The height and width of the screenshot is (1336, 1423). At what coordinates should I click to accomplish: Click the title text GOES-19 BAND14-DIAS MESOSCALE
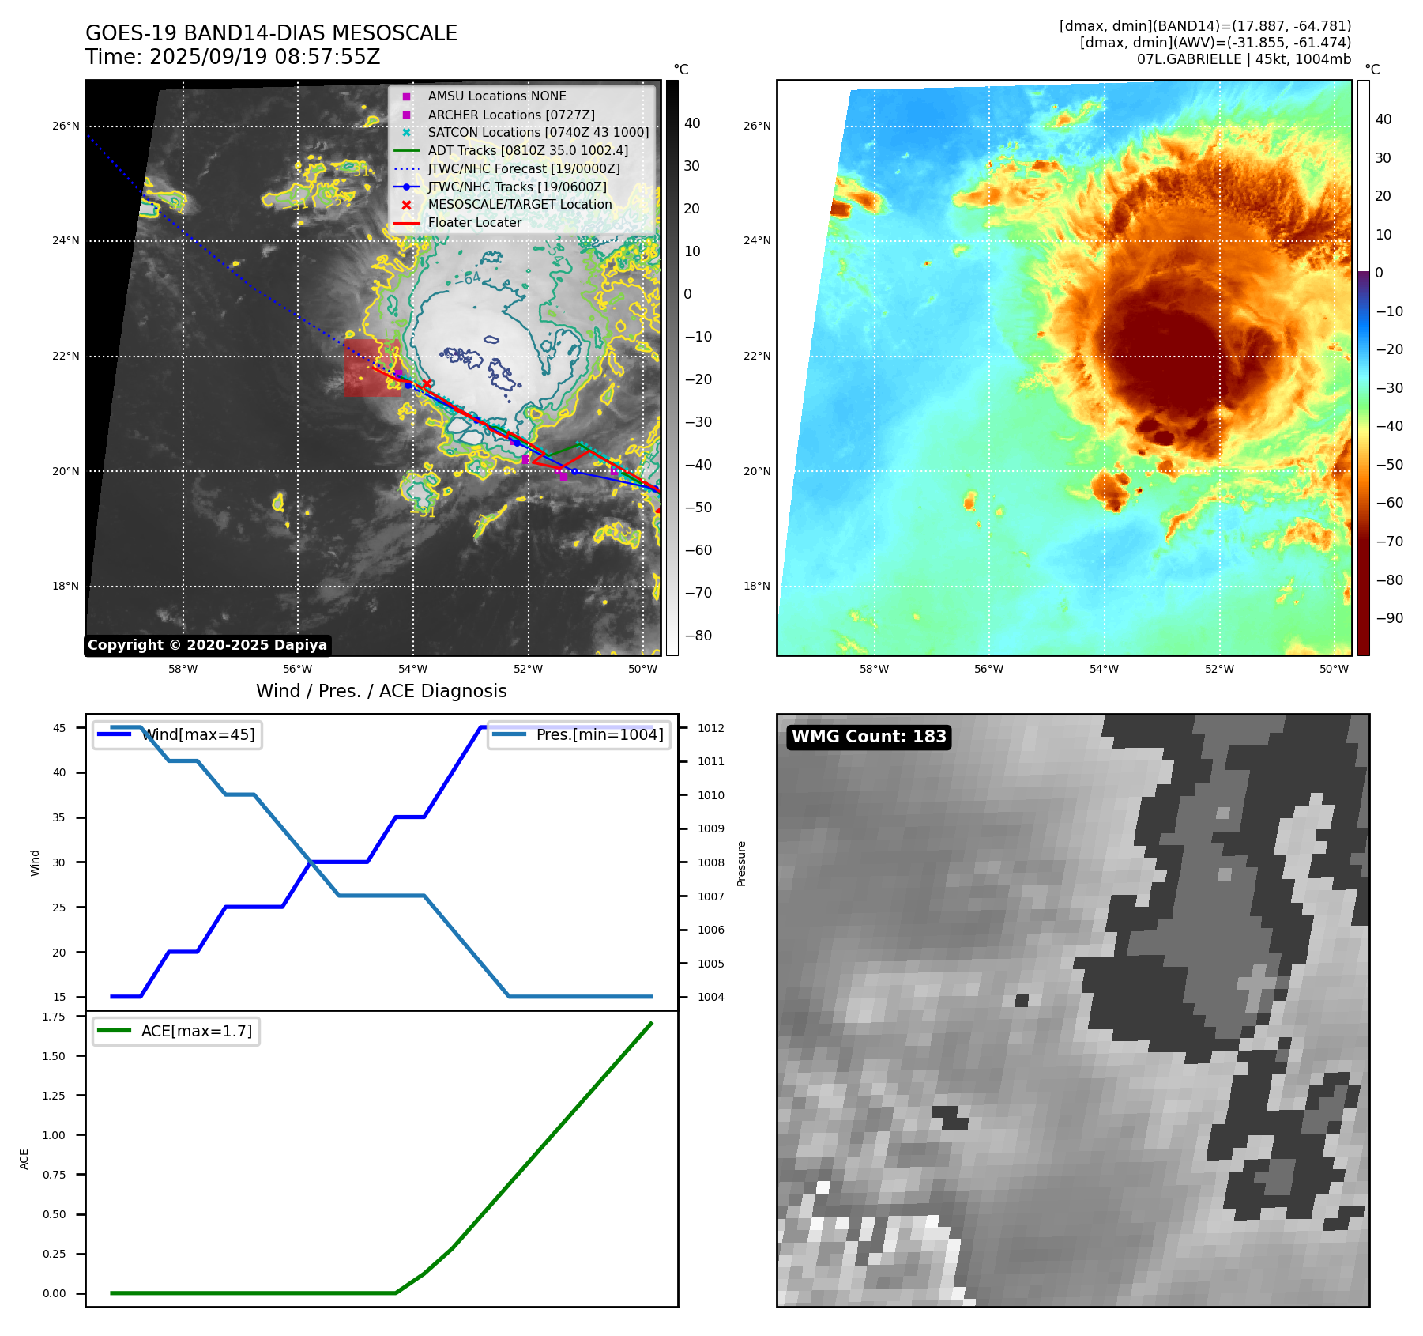click(271, 33)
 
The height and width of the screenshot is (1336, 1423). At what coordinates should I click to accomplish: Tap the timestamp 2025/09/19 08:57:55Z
click(265, 57)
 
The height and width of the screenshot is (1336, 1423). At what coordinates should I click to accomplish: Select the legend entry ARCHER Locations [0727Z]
click(511, 115)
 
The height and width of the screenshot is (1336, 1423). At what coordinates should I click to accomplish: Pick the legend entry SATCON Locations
click(538, 132)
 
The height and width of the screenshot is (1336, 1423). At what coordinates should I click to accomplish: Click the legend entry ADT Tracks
click(528, 150)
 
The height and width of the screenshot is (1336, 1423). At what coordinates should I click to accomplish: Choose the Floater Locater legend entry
click(474, 223)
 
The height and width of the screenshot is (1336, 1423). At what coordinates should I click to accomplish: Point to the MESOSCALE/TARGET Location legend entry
click(519, 204)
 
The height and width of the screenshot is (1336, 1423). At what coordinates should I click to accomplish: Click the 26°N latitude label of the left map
click(66, 126)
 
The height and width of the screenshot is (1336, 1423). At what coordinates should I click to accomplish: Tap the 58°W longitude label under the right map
click(874, 669)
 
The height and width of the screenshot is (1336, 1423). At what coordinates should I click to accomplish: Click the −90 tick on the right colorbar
click(1389, 618)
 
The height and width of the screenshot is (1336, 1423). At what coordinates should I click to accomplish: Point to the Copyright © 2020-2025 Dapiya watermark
click(207, 645)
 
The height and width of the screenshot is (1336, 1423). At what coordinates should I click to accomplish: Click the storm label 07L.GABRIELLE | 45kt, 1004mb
click(1244, 59)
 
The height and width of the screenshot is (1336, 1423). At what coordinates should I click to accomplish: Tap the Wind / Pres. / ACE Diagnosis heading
click(381, 691)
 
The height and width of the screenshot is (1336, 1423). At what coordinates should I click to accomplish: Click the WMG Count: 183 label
click(868, 737)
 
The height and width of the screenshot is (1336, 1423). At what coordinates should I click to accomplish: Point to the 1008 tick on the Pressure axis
click(710, 862)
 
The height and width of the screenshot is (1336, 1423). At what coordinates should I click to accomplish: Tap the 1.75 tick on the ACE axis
click(54, 1017)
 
